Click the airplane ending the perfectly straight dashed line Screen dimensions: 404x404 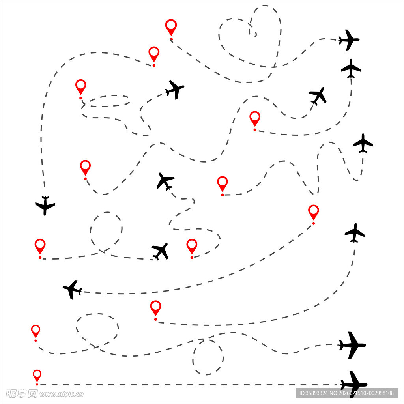click(353, 385)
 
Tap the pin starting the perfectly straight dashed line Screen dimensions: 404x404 click(37, 376)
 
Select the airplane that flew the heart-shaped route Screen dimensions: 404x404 click(349, 40)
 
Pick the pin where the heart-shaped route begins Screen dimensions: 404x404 click(171, 27)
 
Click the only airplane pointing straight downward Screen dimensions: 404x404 click(45, 205)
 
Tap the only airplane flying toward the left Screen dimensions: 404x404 click(73, 290)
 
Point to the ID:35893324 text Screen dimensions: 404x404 click(313, 393)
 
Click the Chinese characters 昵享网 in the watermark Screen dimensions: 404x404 click(22, 393)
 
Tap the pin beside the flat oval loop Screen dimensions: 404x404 click(80, 86)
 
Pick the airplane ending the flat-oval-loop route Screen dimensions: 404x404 click(175, 90)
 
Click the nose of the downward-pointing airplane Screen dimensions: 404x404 click(45, 215)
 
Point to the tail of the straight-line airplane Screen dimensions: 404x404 click(342, 385)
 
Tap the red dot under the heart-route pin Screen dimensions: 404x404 click(171, 39)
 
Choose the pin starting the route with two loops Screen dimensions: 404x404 click(36, 331)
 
